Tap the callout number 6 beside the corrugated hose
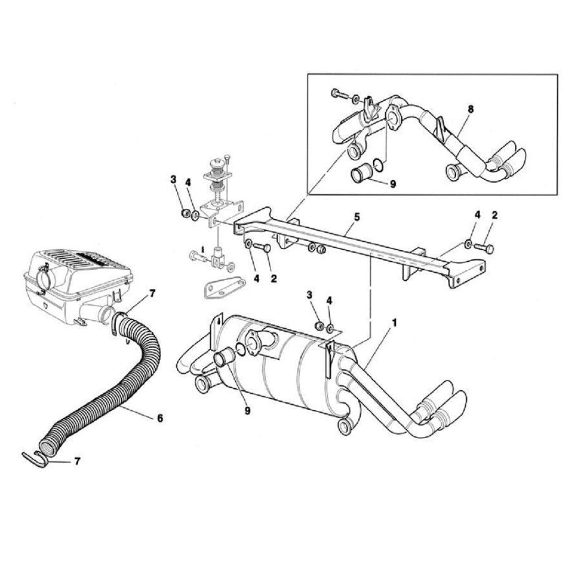click(x=159, y=418)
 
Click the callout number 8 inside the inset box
click(x=470, y=109)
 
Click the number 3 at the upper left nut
click(x=174, y=179)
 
